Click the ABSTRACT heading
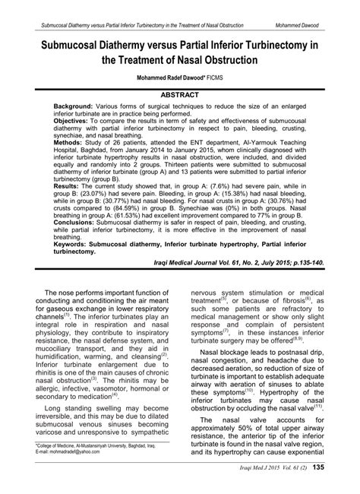pyautogui.click(x=180, y=95)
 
